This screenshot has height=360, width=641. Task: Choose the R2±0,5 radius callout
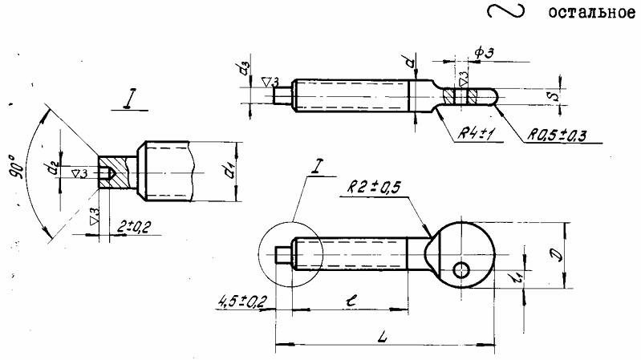point(375,188)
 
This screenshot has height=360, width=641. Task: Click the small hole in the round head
point(461,269)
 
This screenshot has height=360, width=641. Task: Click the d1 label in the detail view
point(229,170)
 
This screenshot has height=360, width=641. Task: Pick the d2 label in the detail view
point(53,168)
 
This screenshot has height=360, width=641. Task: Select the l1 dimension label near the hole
point(518,277)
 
